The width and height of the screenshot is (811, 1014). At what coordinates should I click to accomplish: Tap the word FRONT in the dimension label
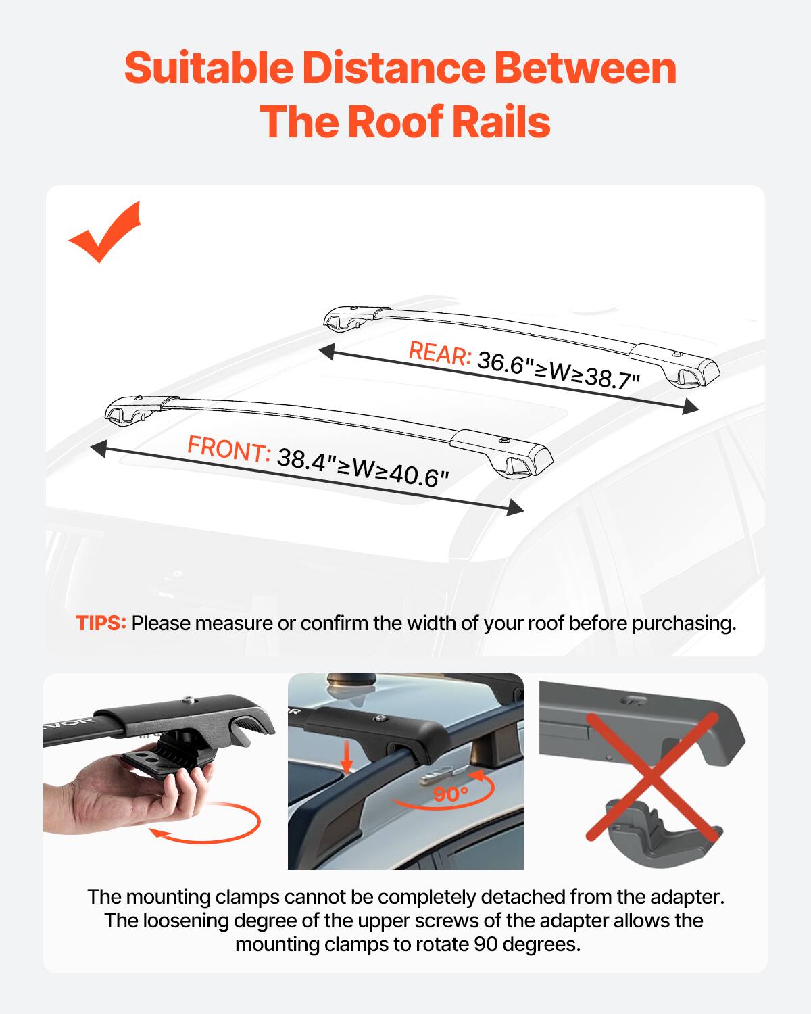(x=228, y=449)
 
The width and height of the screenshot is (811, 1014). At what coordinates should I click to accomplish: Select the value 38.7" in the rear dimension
(x=612, y=378)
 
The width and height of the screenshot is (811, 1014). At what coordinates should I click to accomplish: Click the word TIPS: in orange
(x=101, y=623)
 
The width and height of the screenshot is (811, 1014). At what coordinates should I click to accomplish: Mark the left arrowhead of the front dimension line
(x=99, y=448)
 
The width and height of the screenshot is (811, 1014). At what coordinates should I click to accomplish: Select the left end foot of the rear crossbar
(x=343, y=320)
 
